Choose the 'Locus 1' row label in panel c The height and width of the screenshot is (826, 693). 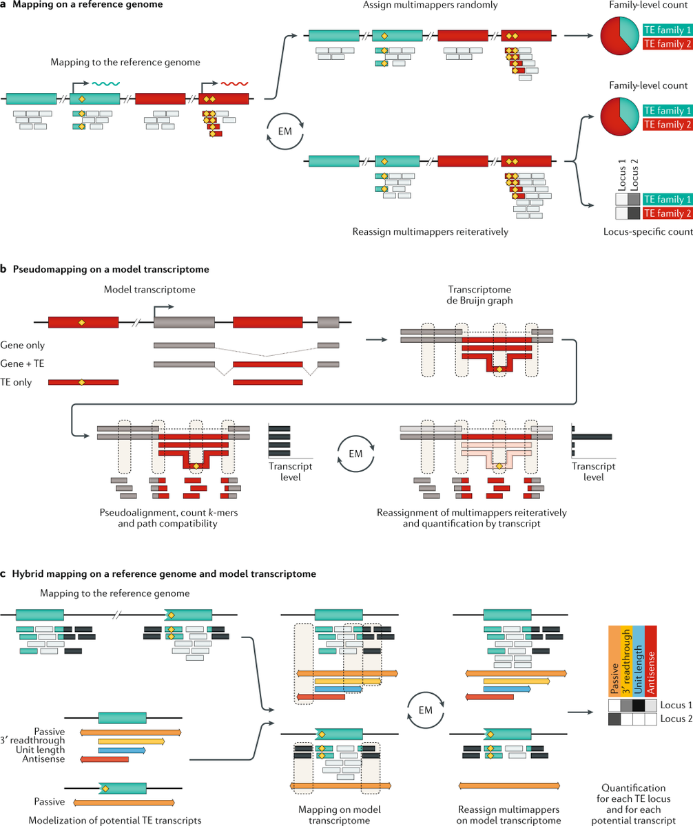(674, 706)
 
